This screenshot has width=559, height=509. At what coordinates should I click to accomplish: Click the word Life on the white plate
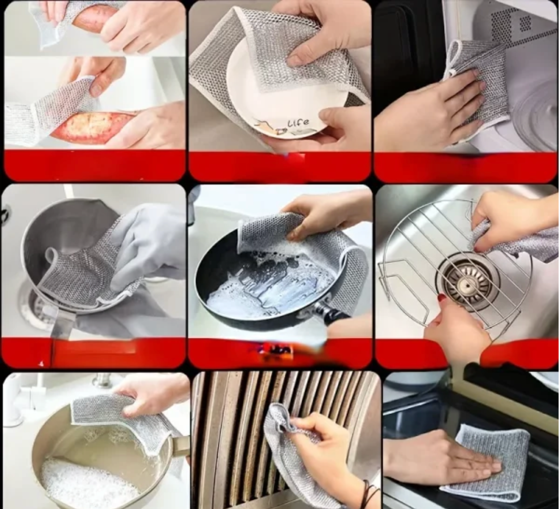298,123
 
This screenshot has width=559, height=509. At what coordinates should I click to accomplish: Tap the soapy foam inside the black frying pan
267,287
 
